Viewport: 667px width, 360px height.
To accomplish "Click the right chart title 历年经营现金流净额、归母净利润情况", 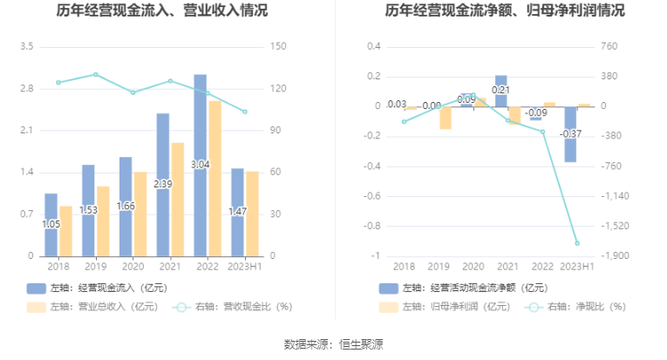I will pos(507,11).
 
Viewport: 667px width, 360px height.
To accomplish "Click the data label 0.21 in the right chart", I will pos(500,90).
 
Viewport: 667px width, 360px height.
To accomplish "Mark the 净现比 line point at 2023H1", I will pos(576,243).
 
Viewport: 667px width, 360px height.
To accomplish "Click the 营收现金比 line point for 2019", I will pos(96,74).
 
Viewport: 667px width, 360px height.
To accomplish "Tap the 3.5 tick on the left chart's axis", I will pos(26,46).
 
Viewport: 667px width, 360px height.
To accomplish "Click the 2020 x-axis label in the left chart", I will pos(133,267).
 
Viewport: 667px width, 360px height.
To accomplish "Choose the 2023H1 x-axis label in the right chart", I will pos(576,267).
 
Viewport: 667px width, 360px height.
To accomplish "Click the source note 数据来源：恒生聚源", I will pos(334,345).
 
